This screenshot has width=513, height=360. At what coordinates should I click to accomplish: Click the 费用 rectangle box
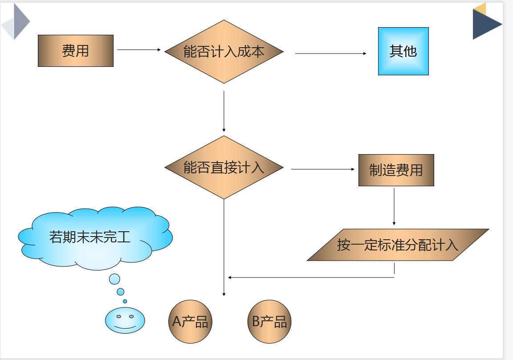tap(76, 51)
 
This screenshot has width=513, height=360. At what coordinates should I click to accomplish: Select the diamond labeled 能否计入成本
tap(224, 52)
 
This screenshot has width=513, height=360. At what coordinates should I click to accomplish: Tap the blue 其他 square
tap(403, 51)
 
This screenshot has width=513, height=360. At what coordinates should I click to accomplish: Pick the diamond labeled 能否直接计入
tap(224, 168)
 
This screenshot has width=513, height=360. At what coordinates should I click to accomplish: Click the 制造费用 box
tap(396, 170)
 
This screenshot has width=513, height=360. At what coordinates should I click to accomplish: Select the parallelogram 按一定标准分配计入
tap(398, 245)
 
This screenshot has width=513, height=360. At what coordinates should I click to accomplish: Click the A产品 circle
tap(190, 321)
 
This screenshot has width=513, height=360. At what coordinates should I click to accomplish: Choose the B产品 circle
tap(269, 321)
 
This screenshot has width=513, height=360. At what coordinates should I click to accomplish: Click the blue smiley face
tap(125, 320)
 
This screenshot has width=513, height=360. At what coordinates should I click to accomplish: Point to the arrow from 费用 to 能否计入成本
tap(138, 50)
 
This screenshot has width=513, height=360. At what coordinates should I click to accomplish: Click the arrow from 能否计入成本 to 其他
tap(330, 53)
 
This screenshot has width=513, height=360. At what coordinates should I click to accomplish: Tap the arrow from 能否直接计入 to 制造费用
tap(322, 169)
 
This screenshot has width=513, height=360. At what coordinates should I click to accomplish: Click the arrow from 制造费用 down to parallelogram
tap(394, 206)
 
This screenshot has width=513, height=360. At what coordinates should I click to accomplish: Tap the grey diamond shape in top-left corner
tap(16, 21)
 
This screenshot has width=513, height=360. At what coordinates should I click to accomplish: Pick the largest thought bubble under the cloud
tap(114, 279)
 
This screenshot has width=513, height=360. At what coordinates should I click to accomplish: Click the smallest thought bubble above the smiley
tap(125, 301)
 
